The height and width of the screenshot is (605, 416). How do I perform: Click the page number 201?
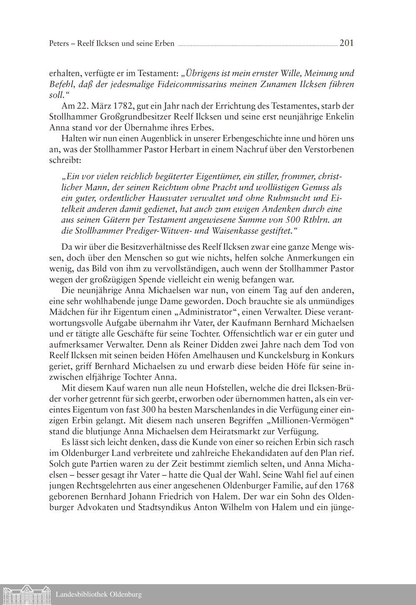click(346, 43)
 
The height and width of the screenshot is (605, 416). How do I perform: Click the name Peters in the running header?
click(59, 43)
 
